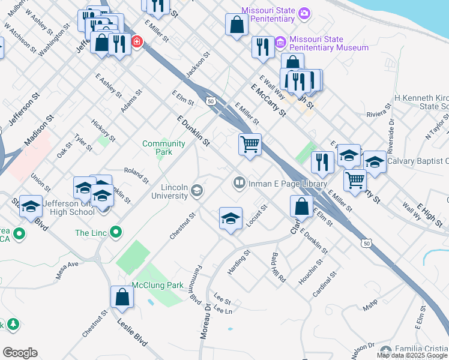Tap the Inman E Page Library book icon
pos(240,182)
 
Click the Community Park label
pos(163,148)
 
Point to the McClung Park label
pos(158,285)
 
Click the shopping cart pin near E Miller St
pos(250,145)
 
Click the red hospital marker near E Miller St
pos(137,42)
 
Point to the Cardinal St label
pos(325,286)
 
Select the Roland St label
pos(136,175)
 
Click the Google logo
pos(20,353)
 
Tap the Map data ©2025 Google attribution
pos(412,355)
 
